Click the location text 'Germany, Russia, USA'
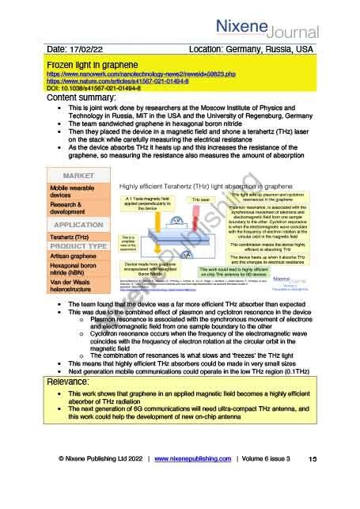273,49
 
